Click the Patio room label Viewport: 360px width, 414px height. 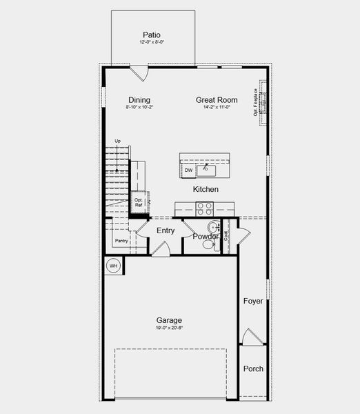(152, 34)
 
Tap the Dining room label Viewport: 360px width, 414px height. (139, 100)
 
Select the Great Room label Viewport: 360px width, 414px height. (216, 100)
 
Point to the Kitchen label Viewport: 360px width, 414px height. (206, 189)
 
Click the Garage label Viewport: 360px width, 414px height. (169, 320)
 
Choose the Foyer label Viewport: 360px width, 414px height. (253, 301)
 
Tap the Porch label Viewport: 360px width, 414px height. (253, 368)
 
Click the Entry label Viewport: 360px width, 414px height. (166, 230)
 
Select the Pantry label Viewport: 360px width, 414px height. (121, 241)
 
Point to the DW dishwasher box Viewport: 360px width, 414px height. (188, 170)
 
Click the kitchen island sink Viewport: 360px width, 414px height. (206, 170)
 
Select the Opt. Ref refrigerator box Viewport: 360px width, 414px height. (139, 202)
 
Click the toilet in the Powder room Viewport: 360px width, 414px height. (212, 228)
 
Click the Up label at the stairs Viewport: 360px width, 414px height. (117, 141)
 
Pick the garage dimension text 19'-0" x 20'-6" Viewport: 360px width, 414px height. (169, 329)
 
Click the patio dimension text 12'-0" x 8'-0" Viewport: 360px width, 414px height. (152, 42)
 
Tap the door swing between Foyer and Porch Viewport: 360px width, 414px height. (252, 337)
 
